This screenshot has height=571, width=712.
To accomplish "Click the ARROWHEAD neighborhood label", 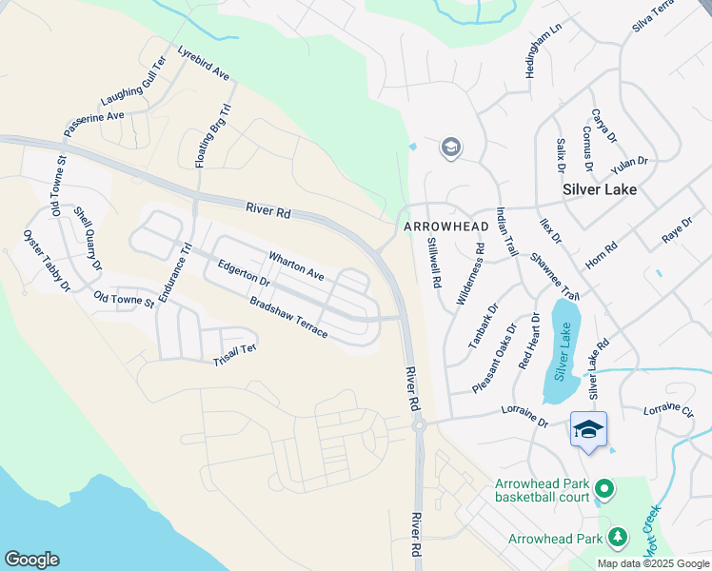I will click(439, 227).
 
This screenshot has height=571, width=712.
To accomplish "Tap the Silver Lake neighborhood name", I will click(599, 188).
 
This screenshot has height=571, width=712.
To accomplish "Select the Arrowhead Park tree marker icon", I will click(618, 539).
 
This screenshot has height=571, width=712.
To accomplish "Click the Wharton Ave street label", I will click(296, 266).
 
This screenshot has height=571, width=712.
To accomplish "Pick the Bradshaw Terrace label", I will click(288, 318).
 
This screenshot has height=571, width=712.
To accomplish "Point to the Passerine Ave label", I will click(94, 123).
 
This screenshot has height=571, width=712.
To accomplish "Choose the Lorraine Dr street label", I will click(524, 417).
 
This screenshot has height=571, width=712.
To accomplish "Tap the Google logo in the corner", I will click(31, 560).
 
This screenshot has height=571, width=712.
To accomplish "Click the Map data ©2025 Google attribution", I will click(654, 563).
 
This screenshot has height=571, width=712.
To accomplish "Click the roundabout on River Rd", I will click(418, 426).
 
